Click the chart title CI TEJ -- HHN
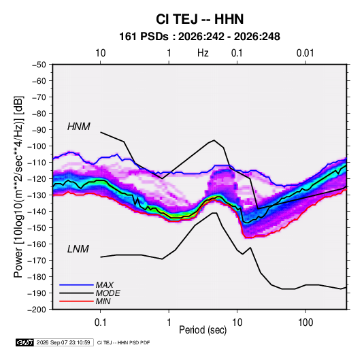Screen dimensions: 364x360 pyautogui.click(x=199, y=19)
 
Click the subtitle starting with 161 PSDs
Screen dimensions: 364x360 pyautogui.click(x=199, y=37)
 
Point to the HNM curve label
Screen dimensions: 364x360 pyautogui.click(x=79, y=127)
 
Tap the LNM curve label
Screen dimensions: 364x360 pyautogui.click(x=78, y=249)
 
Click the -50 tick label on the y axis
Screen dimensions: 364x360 pyautogui.click(x=39, y=65)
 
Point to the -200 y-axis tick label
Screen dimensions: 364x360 pyautogui.click(x=37, y=310)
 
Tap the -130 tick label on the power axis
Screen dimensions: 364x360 pyautogui.click(x=37, y=195)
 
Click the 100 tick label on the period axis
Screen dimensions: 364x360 pyautogui.click(x=305, y=323)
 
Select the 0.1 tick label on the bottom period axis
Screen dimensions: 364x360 pyautogui.click(x=100, y=323)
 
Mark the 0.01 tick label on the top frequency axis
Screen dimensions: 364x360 pyautogui.click(x=305, y=53)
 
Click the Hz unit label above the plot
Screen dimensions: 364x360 pyautogui.click(x=203, y=53)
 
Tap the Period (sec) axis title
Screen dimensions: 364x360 pyautogui.click(x=203, y=330)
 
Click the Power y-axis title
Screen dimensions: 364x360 pyautogui.click(x=18, y=187)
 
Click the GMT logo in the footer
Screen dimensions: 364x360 pyautogui.click(x=24, y=342)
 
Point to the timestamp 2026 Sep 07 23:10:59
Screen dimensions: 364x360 pyautogui.click(x=63, y=342)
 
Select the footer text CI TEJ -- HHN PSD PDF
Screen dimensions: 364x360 pyautogui.click(x=124, y=342)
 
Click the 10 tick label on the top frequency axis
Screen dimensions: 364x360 pyautogui.click(x=100, y=53)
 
